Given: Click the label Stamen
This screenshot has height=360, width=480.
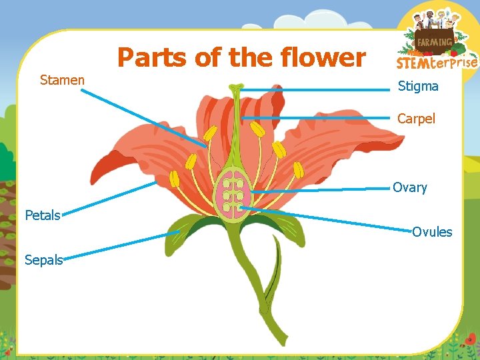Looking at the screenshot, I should click(62, 81).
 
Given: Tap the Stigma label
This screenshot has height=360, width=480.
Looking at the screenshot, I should click(418, 86).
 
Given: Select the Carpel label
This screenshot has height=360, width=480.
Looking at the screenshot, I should click(416, 119).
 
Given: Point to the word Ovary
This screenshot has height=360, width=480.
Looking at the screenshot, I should click(409, 187).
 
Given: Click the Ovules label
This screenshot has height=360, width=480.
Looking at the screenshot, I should click(431, 232).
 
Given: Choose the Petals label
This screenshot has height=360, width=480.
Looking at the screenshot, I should click(42, 215).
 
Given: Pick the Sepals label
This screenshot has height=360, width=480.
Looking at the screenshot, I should click(43, 260).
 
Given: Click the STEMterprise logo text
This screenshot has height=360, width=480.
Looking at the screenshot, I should click(437, 63).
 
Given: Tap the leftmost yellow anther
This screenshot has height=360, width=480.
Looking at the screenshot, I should click(175, 179).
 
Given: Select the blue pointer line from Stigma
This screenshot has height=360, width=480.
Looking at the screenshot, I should click(313, 87).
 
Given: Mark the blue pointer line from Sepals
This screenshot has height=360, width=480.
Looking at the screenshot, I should click(120, 245).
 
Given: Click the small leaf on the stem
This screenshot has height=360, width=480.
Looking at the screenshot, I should click(272, 280).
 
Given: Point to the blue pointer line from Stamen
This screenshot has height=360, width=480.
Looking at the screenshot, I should click(143, 117).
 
